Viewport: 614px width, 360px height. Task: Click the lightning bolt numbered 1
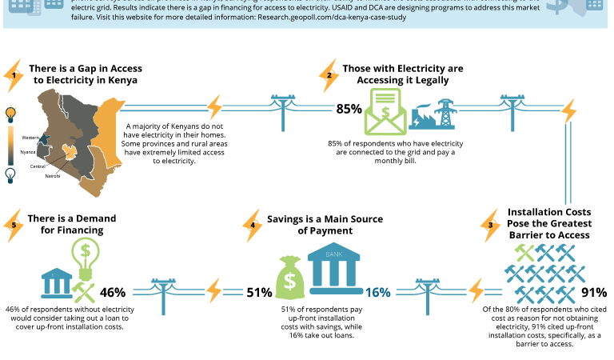pos(14,75)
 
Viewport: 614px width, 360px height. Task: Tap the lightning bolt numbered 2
pos(329,76)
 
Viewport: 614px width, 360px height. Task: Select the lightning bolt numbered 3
pos(491,226)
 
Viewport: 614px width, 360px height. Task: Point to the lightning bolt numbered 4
pos(253,226)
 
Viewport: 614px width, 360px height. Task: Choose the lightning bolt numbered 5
pos(14,226)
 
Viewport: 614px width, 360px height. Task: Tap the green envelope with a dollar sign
pos(385,111)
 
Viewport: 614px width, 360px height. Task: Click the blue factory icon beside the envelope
pos(432,115)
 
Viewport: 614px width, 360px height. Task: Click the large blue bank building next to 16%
pos(334,268)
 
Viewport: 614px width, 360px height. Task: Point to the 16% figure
pos(378,293)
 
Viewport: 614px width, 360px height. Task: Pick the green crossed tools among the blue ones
pos(524,253)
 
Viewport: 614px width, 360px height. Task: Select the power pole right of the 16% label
pos(428,294)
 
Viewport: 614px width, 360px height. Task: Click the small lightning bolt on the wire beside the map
pos(214,106)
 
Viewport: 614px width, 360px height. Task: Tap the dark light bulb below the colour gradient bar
pos(10,175)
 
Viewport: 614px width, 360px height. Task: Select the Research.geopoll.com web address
pos(332,17)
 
